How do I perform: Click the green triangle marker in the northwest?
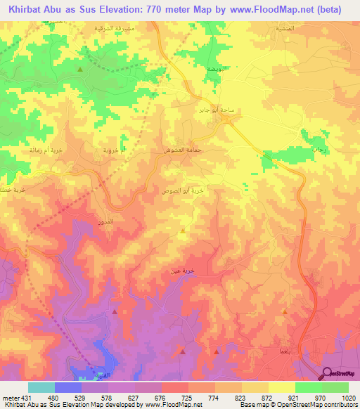[80, 70]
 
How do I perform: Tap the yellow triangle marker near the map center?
[183, 230]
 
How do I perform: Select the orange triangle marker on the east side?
[284, 310]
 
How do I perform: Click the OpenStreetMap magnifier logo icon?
[328, 373]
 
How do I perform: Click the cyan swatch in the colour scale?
[41, 387]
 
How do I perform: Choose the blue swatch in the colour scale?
[68, 387]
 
